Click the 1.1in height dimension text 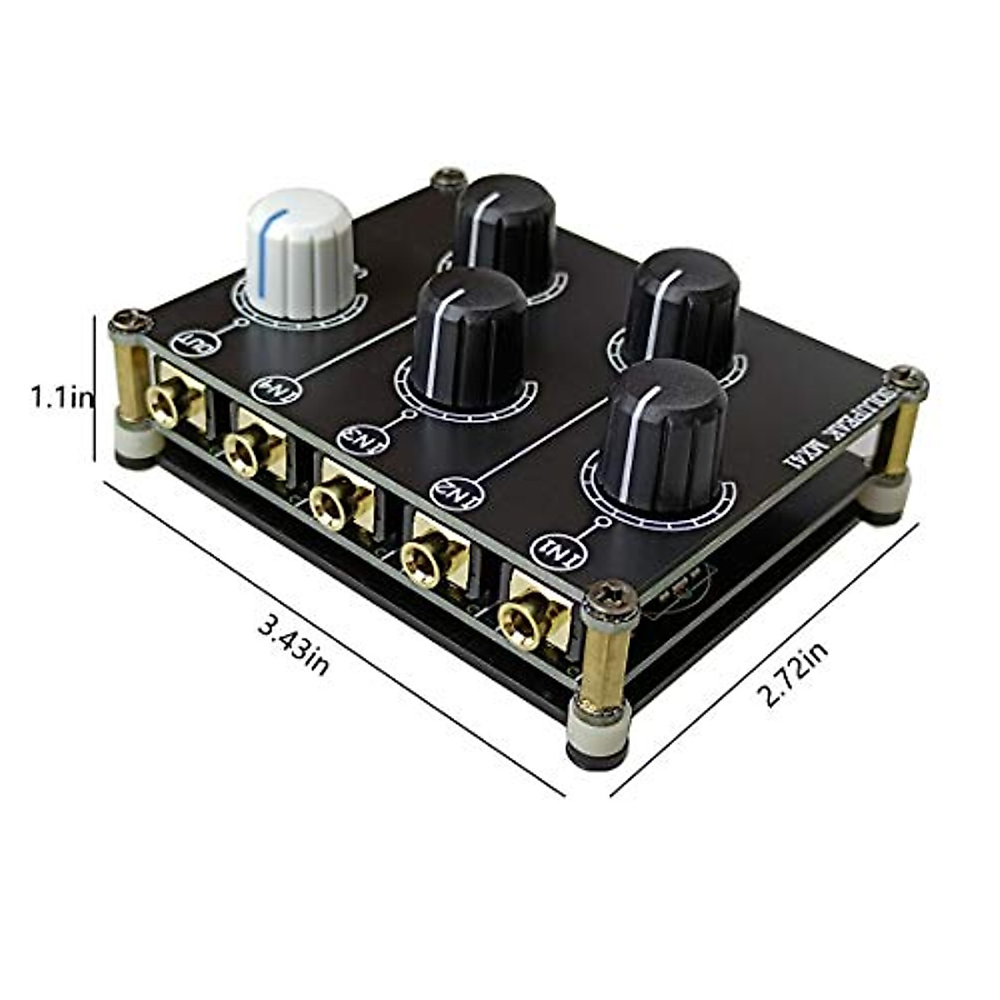[60, 397]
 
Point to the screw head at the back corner [449, 178]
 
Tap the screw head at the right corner [907, 380]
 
